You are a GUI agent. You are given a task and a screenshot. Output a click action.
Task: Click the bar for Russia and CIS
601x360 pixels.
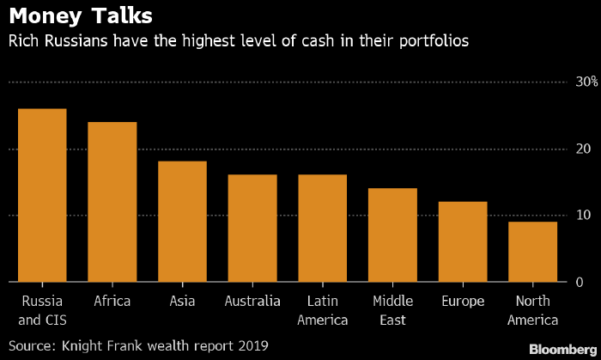tap(42, 195)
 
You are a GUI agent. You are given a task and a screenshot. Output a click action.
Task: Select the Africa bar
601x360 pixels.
tap(112, 202)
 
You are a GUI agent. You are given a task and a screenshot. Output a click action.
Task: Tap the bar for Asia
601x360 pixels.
tap(182, 222)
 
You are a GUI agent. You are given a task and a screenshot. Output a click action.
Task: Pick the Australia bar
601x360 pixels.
tap(252, 228)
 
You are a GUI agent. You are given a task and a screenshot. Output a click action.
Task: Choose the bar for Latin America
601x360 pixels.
tap(322, 228)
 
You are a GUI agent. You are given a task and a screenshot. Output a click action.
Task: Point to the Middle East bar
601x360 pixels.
tap(392, 235)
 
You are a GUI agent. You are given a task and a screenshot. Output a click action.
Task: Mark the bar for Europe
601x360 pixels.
tap(463, 241)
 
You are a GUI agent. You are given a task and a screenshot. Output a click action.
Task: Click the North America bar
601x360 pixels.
tap(532, 252)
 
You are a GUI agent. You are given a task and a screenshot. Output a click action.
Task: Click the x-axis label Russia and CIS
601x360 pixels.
tap(42, 310)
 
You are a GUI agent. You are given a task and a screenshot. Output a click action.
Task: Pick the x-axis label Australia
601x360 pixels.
tap(252, 301)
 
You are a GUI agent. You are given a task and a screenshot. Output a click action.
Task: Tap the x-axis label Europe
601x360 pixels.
tap(463, 301)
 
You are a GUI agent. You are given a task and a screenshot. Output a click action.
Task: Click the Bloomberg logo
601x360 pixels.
tap(562, 349)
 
